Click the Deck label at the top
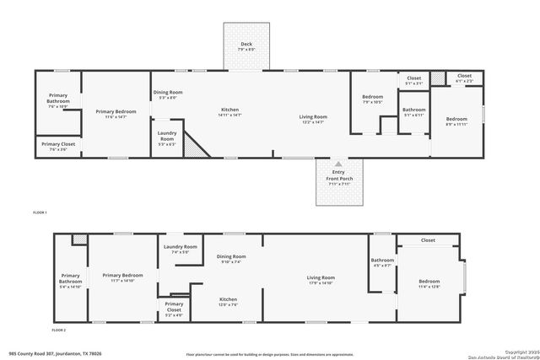(246, 45)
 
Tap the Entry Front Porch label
(337, 180)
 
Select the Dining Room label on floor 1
(166, 94)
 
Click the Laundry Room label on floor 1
(167, 137)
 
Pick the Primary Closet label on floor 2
(174, 306)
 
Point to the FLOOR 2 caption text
(58, 330)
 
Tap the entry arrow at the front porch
(337, 164)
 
